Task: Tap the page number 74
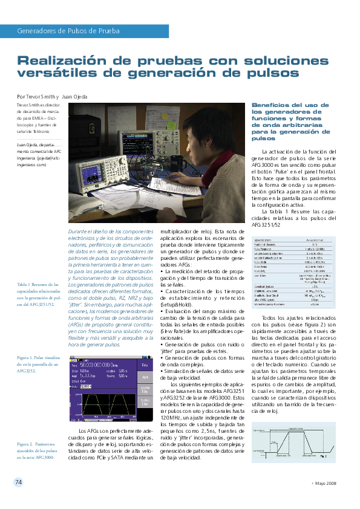point(18,482)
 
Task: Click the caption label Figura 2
point(26,427)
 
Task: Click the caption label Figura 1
point(26,358)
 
